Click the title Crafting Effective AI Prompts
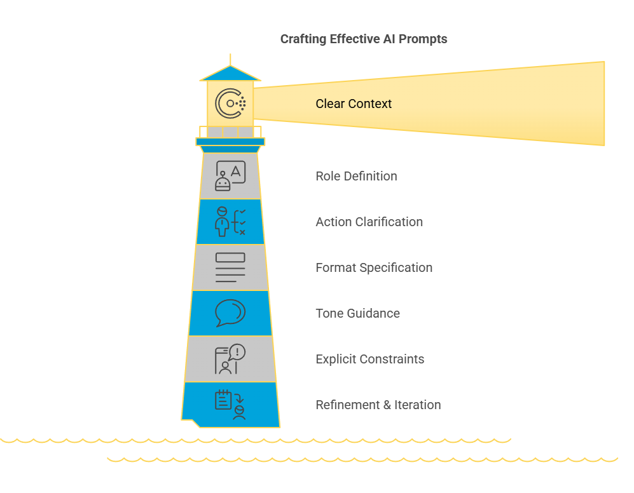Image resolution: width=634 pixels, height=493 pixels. point(364,39)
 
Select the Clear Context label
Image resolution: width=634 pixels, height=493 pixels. point(354,104)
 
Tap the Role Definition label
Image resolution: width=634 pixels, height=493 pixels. point(356,176)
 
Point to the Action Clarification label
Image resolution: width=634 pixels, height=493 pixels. point(369,222)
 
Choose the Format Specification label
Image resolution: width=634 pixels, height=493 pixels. point(374,267)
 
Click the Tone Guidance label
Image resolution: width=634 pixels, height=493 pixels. point(357,313)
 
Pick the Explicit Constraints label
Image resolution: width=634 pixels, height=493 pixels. point(369,359)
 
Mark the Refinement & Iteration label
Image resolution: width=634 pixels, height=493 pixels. point(378,405)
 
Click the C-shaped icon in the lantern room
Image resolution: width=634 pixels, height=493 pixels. point(230,104)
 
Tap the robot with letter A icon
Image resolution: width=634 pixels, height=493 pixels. point(230,176)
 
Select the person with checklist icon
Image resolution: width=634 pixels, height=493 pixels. point(230,222)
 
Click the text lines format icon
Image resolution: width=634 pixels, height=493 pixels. point(230,267)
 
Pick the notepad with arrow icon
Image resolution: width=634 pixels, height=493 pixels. point(230,405)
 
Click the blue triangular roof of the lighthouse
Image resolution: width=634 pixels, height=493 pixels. point(230,74)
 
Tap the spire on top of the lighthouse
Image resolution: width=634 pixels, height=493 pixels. point(230,59)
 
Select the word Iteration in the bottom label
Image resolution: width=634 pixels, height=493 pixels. point(417,405)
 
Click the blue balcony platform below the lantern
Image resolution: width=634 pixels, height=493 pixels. point(230,142)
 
